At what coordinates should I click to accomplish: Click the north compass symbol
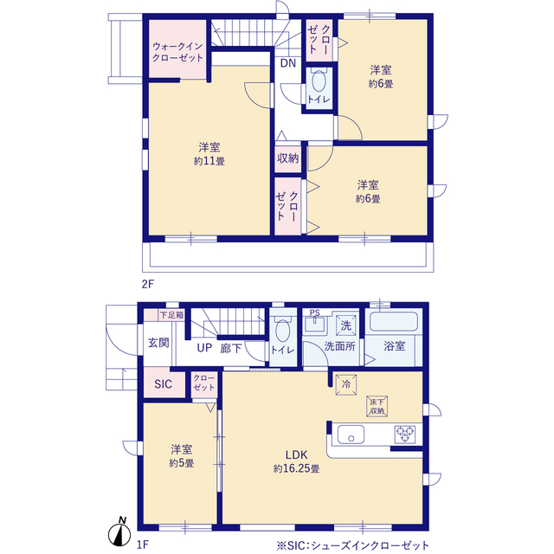[119, 532]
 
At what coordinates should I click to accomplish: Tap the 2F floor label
[148, 284]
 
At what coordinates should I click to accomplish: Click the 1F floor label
[142, 544]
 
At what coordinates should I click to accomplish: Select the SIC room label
[163, 383]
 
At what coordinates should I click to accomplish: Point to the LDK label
[296, 454]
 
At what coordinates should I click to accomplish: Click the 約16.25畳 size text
[296, 468]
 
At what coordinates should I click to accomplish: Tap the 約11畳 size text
[209, 161]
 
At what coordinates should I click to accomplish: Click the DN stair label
[288, 63]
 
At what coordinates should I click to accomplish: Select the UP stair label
[204, 348]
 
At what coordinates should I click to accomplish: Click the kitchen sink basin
[351, 435]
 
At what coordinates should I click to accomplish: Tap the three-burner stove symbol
[405, 435]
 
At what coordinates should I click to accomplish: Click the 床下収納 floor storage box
[377, 406]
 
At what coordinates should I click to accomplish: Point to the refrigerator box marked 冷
[346, 384]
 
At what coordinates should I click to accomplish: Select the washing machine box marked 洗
[346, 325]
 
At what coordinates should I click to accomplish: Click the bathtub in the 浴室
[394, 321]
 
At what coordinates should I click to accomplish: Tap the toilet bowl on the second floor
[319, 81]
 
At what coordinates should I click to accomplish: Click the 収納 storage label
[288, 158]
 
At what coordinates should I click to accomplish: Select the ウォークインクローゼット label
[177, 52]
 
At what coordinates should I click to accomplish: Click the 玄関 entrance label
[158, 343]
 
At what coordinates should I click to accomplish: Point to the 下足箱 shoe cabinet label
[171, 315]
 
